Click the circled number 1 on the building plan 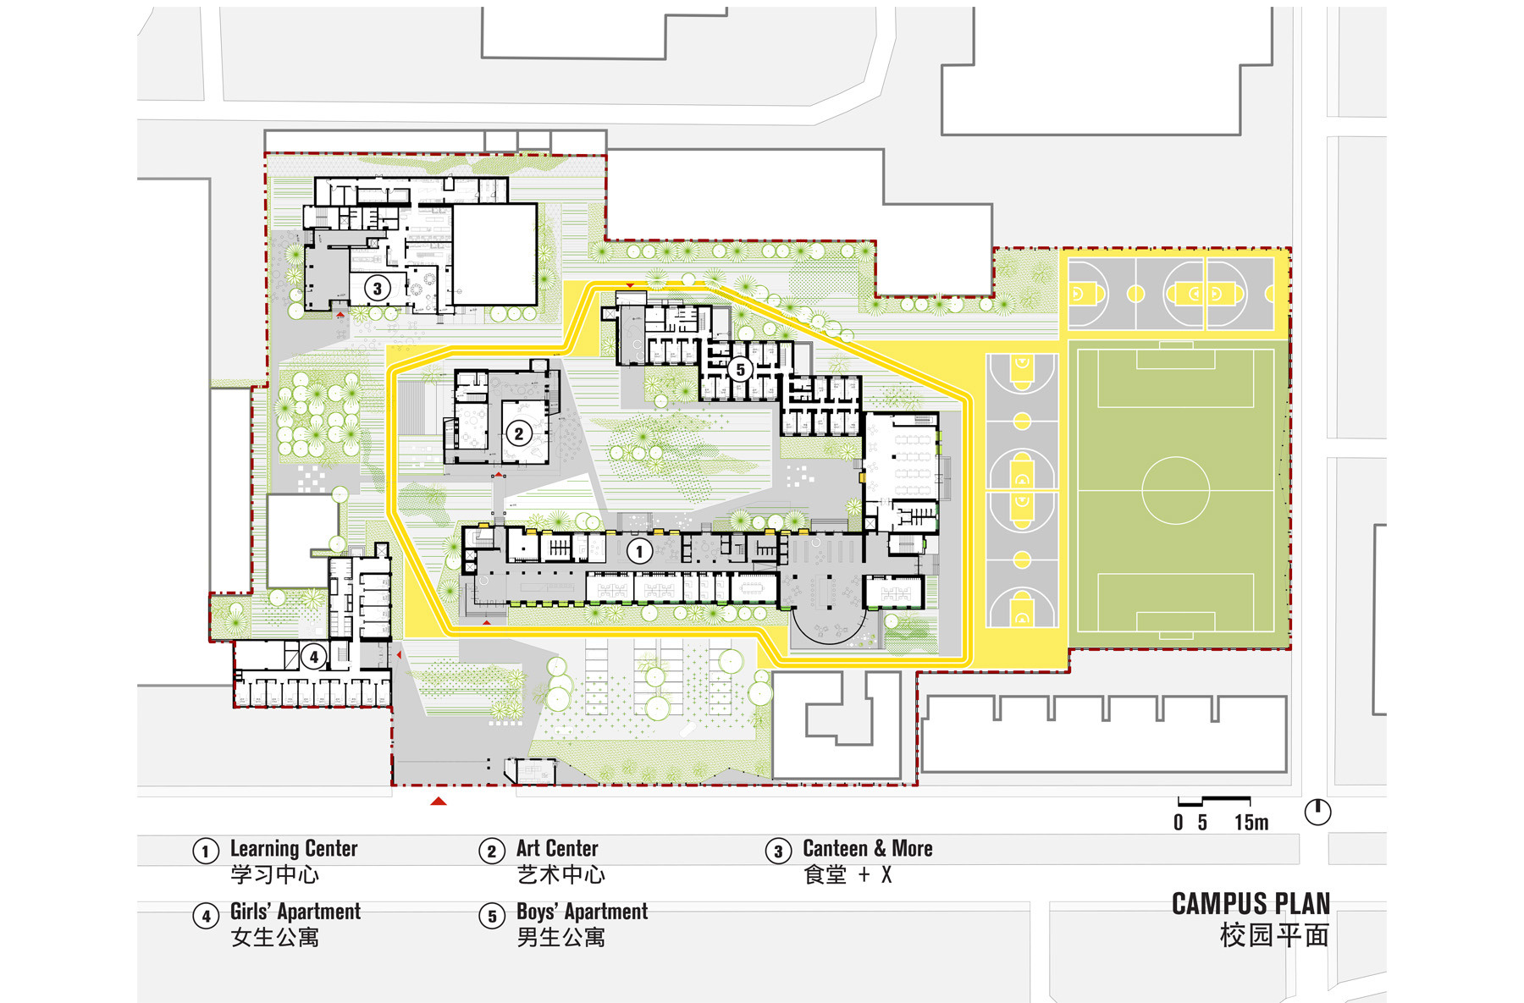[x=639, y=552]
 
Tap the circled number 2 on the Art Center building [x=519, y=434]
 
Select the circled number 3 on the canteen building [x=378, y=289]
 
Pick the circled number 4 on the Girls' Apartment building [x=314, y=656]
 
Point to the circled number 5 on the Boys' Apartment [x=741, y=369]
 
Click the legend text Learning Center [x=294, y=848]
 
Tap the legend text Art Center [x=557, y=848]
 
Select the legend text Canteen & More [x=868, y=848]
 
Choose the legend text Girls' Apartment [x=295, y=912]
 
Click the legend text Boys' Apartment [x=583, y=912]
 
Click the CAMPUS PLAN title [x=1251, y=904]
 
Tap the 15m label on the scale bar [x=1251, y=823]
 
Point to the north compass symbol [x=1317, y=813]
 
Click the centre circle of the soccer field [x=1175, y=490]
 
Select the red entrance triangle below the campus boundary [x=438, y=801]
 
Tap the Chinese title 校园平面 [x=1274, y=935]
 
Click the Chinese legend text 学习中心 [x=274, y=874]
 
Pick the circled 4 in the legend [x=206, y=916]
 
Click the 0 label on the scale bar [x=1179, y=823]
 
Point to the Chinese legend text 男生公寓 [x=560, y=937]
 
